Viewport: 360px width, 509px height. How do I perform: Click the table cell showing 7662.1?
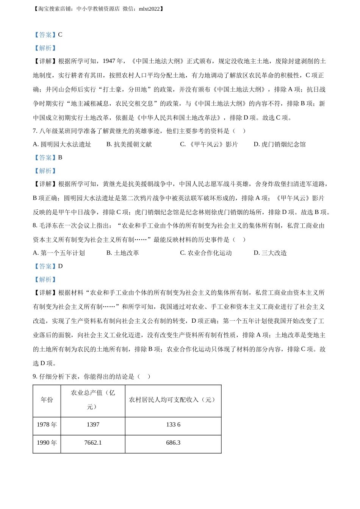pyautogui.click(x=93, y=443)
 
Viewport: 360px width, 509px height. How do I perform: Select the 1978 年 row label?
pyautogui.click(x=47, y=425)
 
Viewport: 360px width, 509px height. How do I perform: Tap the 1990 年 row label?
pyautogui.click(x=47, y=443)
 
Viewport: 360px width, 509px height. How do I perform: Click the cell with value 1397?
pyautogui.click(x=93, y=425)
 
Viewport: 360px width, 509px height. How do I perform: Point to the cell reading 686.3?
pyautogui.click(x=173, y=443)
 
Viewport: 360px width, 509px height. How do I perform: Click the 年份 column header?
pyautogui.click(x=47, y=400)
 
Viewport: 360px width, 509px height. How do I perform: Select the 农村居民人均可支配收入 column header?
pyautogui.click(x=173, y=400)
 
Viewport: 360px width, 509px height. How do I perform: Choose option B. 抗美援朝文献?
pyautogui.click(x=129, y=144)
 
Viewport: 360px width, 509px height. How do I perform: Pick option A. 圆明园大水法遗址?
pyautogui.click(x=62, y=144)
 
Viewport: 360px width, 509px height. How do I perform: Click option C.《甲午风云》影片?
pyautogui.click(x=209, y=144)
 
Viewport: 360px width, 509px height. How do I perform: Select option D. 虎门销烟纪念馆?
pyautogui.click(x=279, y=144)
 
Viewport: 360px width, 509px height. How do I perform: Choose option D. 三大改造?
pyautogui.click(x=270, y=253)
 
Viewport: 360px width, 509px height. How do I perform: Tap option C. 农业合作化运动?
pyautogui.click(x=206, y=253)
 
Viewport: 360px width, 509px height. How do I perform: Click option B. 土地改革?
pyautogui.click(x=122, y=253)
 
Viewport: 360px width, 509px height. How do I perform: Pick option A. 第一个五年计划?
pyautogui.click(x=59, y=253)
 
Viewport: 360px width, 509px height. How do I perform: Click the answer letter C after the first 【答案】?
pyautogui.click(x=60, y=35)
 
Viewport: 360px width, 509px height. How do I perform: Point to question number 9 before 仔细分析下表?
pyautogui.click(x=34, y=376)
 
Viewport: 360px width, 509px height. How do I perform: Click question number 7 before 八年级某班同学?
pyautogui.click(x=34, y=131)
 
